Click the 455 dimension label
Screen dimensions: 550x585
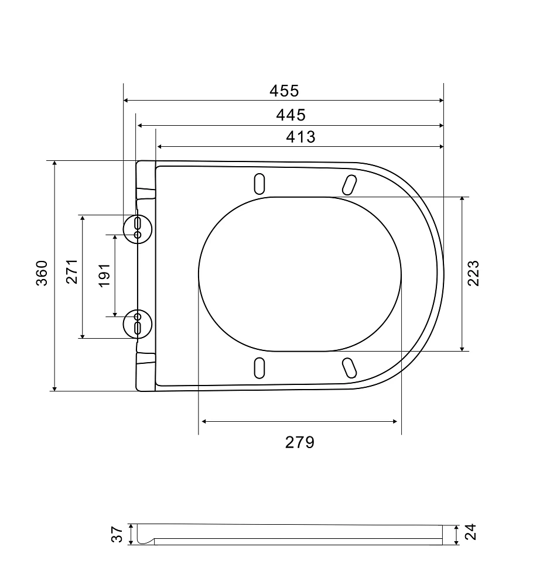coord(284,91)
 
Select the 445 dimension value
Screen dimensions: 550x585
coord(291,115)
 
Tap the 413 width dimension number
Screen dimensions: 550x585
coord(301,137)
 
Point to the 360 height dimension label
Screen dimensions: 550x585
coord(42,273)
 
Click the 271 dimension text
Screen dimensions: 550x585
coord(71,271)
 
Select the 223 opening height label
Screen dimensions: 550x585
coord(473,273)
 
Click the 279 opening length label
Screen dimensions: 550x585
coord(300,442)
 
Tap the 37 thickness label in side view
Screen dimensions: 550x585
coord(117,534)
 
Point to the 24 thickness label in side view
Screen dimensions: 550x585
coord(471,532)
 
